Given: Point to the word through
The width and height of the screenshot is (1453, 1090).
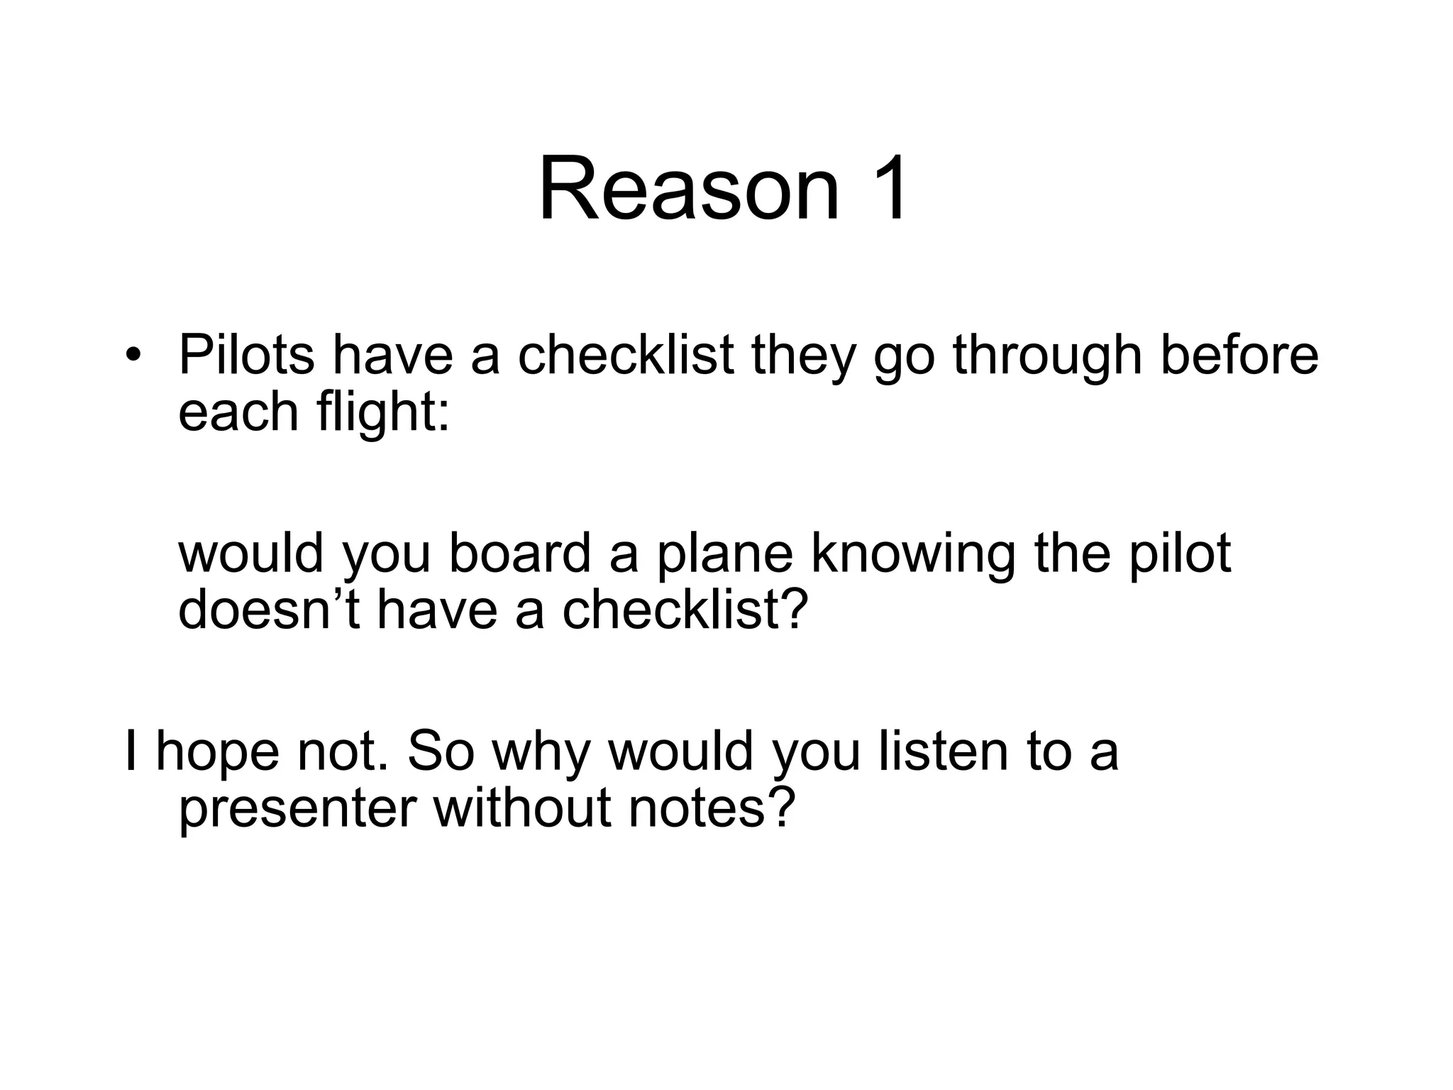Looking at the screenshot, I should click(1047, 357).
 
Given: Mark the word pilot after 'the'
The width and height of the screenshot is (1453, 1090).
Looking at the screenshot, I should click(1180, 555).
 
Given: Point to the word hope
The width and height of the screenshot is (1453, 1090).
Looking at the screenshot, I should click(217, 753).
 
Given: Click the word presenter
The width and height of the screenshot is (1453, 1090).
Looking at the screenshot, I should click(297, 810).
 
